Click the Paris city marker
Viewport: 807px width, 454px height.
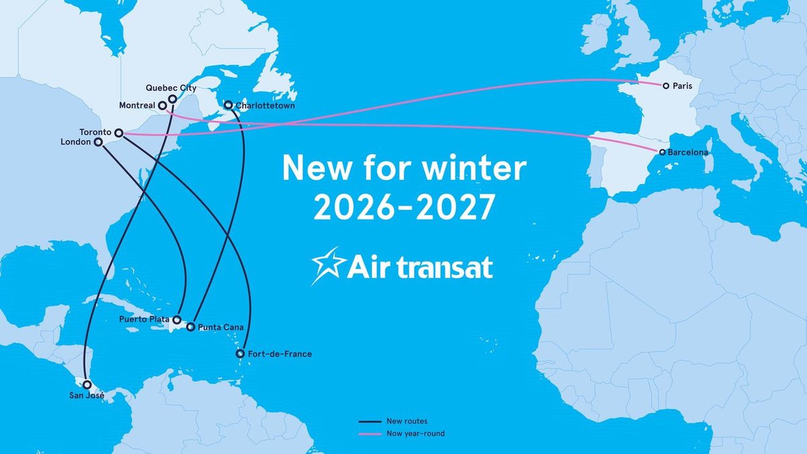pyautogui.click(x=665, y=86)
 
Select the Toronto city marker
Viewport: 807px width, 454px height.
pyautogui.click(x=118, y=133)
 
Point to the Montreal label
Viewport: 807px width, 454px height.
pyautogui.click(x=137, y=106)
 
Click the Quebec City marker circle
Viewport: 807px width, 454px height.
pyautogui.click(x=173, y=99)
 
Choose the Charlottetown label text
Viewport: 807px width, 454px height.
pyautogui.click(x=265, y=106)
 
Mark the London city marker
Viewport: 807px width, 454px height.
pyautogui.click(x=98, y=143)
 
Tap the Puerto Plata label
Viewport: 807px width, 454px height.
pyautogui.click(x=144, y=319)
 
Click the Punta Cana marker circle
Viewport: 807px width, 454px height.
pyautogui.click(x=190, y=328)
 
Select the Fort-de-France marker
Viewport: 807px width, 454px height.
pyautogui.click(x=240, y=354)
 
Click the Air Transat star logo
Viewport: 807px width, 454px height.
pyautogui.click(x=328, y=265)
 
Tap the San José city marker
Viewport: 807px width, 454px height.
pyautogui.click(x=87, y=385)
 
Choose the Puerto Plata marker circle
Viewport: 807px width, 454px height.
pyautogui.click(x=177, y=319)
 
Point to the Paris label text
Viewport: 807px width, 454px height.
pyautogui.click(x=683, y=86)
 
